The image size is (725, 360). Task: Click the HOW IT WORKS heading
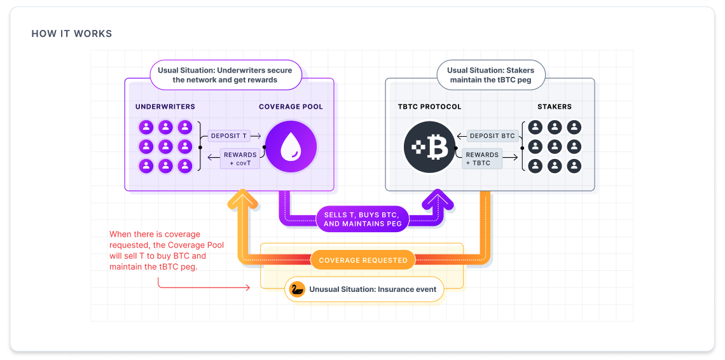click(x=72, y=34)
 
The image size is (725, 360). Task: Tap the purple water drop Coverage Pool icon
click(x=291, y=147)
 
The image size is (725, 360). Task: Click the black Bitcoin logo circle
click(x=430, y=147)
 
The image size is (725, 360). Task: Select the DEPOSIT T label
click(x=226, y=135)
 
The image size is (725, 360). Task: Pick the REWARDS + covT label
click(x=240, y=159)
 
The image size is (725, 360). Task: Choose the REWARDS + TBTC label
click(x=482, y=158)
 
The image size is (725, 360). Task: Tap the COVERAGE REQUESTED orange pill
click(x=362, y=260)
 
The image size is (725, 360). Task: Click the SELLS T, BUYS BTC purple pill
click(x=361, y=219)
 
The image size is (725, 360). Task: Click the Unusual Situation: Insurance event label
click(x=372, y=289)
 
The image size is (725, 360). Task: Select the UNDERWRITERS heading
click(x=165, y=107)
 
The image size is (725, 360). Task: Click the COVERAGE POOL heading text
click(x=291, y=107)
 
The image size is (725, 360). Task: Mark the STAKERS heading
click(x=554, y=107)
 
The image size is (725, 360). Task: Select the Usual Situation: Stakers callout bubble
click(x=490, y=75)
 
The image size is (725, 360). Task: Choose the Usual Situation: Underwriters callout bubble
click(x=225, y=75)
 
